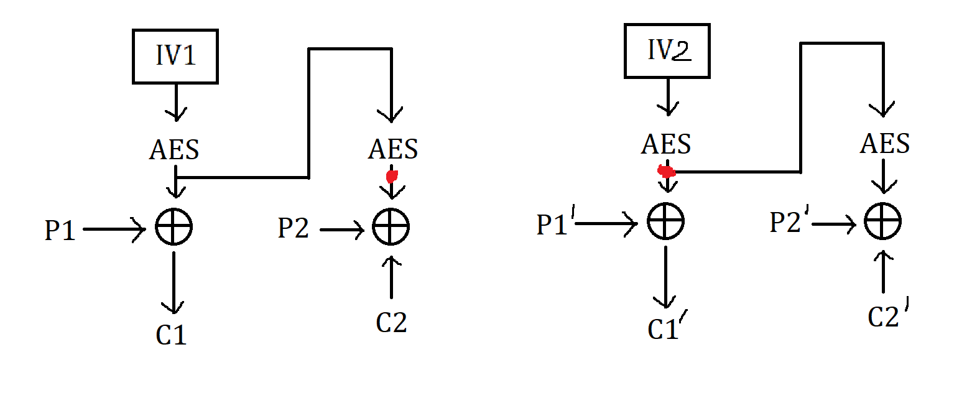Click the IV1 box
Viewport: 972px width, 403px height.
click(175, 56)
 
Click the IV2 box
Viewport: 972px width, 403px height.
click(667, 52)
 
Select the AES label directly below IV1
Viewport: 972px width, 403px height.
click(175, 150)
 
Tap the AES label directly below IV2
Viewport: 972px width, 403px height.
click(667, 145)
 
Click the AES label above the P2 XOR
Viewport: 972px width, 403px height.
click(393, 149)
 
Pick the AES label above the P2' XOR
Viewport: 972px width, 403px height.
click(885, 145)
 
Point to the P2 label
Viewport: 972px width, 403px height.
click(294, 229)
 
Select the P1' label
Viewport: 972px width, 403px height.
click(554, 225)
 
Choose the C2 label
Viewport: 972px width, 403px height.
click(392, 322)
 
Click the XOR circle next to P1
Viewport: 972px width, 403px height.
click(174, 227)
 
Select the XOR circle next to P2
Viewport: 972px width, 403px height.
click(391, 227)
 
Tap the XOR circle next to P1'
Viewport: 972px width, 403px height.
click(666, 221)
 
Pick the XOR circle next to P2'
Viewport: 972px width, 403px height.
click(883, 222)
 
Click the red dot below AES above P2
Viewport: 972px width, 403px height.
click(392, 177)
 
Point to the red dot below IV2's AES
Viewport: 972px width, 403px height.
click(666, 171)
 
